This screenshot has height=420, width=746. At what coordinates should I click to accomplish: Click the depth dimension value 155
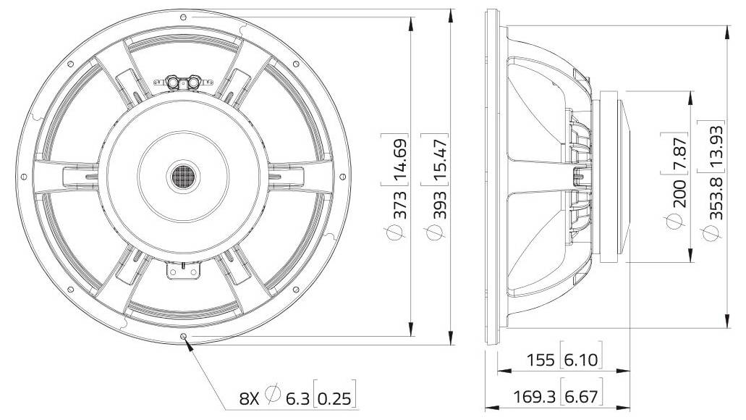[x=541, y=360]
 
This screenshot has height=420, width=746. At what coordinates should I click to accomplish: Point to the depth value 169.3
[x=534, y=396]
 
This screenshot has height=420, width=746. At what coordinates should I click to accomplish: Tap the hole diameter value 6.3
[x=297, y=397]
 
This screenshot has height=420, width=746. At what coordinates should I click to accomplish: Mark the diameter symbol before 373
[x=396, y=232]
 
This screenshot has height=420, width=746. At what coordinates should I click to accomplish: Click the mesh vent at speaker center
[x=185, y=175]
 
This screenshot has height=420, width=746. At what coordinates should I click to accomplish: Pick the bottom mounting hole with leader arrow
[x=184, y=337]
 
